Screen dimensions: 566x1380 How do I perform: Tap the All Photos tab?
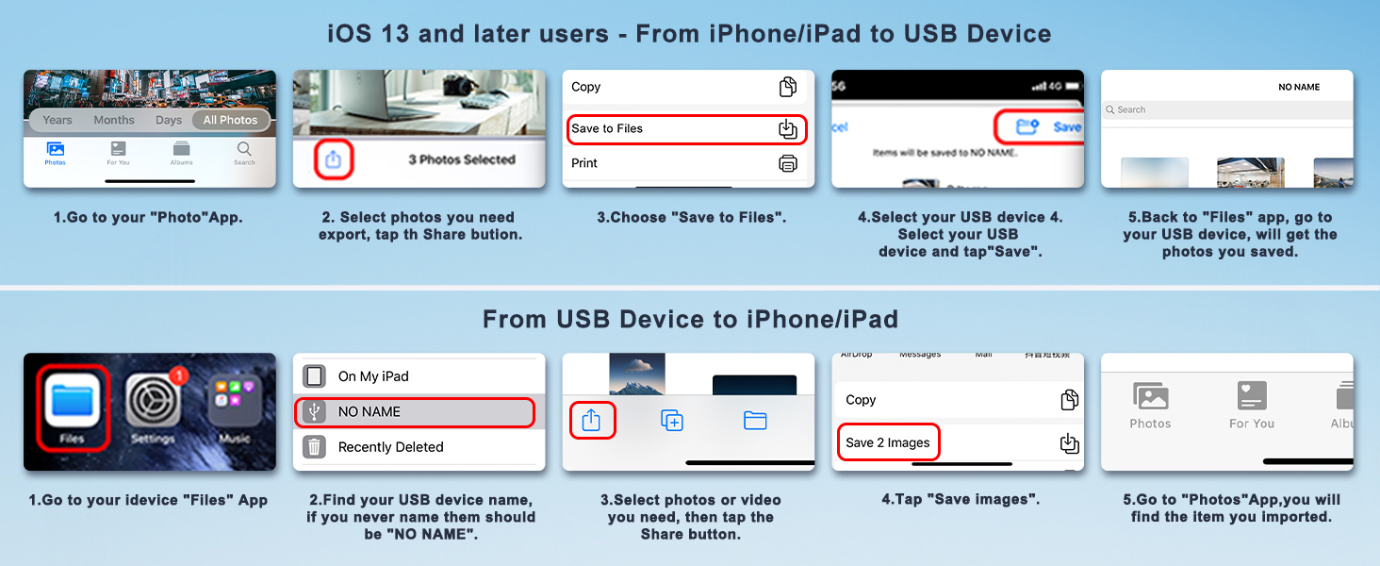pos(230,120)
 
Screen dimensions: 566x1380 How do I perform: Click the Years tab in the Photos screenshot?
pos(57,120)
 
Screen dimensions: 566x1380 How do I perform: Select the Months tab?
pos(114,120)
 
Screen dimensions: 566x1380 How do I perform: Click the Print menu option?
pos(584,163)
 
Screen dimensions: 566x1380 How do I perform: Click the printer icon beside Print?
pos(787,163)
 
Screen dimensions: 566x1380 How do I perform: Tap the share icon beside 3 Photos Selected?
pos(333,160)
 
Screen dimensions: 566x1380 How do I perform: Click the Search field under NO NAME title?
pos(1225,110)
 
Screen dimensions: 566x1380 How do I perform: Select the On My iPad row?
pos(373,376)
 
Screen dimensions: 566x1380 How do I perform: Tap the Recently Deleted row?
pos(390,447)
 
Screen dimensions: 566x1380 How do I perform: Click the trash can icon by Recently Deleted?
pos(314,446)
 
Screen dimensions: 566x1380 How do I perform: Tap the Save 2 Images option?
pos(888,442)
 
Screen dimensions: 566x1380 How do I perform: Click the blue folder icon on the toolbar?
pos(755,421)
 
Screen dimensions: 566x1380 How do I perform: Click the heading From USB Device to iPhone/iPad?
pos(690,319)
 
